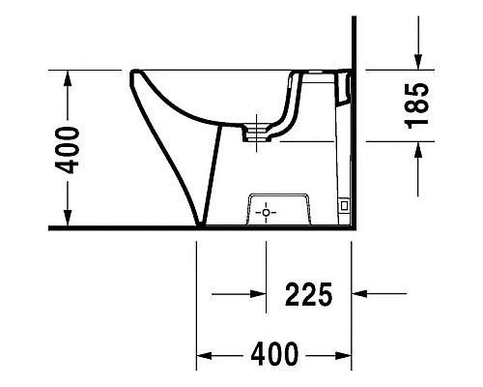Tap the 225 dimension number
[x=308, y=292]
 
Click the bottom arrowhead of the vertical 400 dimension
[x=67, y=221]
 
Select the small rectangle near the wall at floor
[x=343, y=205]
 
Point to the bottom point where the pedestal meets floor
[x=200, y=227]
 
